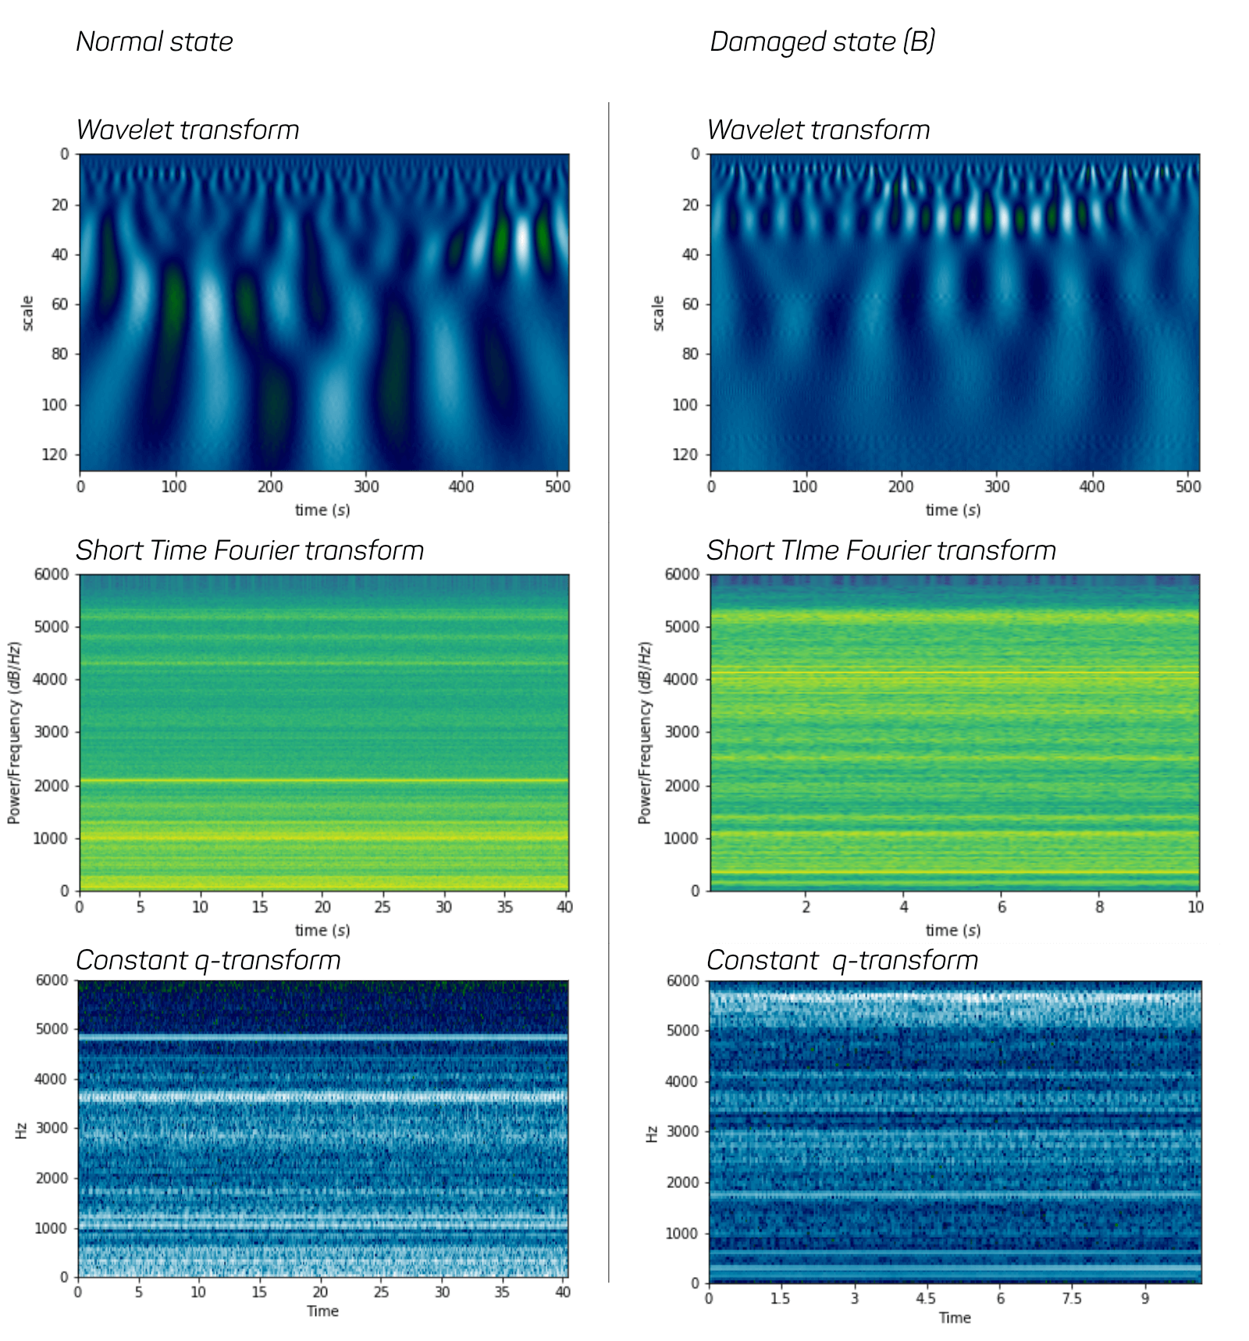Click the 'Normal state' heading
click(x=155, y=41)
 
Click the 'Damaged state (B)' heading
click(x=822, y=41)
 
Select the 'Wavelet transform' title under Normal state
click(x=187, y=130)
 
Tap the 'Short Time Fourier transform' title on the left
click(x=250, y=550)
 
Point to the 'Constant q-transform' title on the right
click(x=842, y=960)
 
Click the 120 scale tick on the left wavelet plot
click(x=54, y=454)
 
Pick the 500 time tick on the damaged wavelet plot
click(x=1188, y=486)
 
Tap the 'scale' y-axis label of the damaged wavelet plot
click(x=657, y=313)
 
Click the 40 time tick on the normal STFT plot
click(x=564, y=906)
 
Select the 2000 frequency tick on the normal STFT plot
click(x=51, y=785)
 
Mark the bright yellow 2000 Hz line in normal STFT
click(x=323, y=781)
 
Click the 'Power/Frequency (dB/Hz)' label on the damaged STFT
click(x=644, y=732)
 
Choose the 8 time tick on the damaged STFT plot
click(x=1099, y=906)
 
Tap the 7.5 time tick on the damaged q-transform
click(x=1072, y=1298)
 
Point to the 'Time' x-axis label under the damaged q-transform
click(x=955, y=1318)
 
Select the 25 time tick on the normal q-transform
click(x=381, y=1292)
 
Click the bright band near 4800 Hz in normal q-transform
click(x=323, y=1037)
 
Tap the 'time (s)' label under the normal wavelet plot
click(x=322, y=510)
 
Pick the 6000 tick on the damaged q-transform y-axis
click(x=683, y=981)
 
